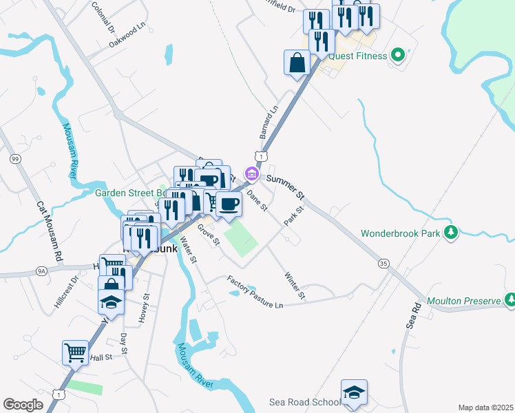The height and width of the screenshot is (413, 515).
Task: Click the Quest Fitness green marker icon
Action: click(397, 55)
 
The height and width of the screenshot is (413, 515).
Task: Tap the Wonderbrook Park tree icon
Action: click(451, 233)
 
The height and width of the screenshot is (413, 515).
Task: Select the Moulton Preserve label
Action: click(465, 301)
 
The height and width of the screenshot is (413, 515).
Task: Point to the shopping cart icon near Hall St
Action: click(75, 352)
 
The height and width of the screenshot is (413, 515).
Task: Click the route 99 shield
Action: click(14, 159)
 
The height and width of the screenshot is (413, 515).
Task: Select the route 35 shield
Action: click(383, 263)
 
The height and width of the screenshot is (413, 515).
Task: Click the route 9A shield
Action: click(42, 272)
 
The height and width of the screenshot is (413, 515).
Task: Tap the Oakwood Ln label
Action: click(127, 36)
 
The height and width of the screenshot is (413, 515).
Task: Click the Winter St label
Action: click(295, 286)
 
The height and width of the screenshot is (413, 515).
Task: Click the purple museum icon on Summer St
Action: click(252, 174)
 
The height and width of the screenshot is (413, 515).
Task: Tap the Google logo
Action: click(23, 405)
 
